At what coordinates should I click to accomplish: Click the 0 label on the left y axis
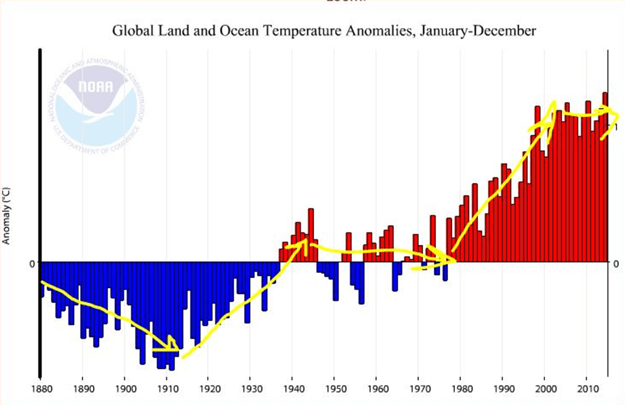tap(24, 263)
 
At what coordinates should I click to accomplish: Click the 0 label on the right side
tap(615, 263)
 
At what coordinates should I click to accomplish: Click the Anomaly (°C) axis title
tap(7, 214)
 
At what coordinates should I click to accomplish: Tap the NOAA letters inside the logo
tap(95, 86)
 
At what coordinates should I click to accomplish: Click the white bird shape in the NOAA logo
tap(98, 104)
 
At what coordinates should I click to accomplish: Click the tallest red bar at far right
tap(605, 177)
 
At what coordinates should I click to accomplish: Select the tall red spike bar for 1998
tap(537, 184)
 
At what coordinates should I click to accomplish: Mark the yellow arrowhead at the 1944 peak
tap(303, 243)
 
